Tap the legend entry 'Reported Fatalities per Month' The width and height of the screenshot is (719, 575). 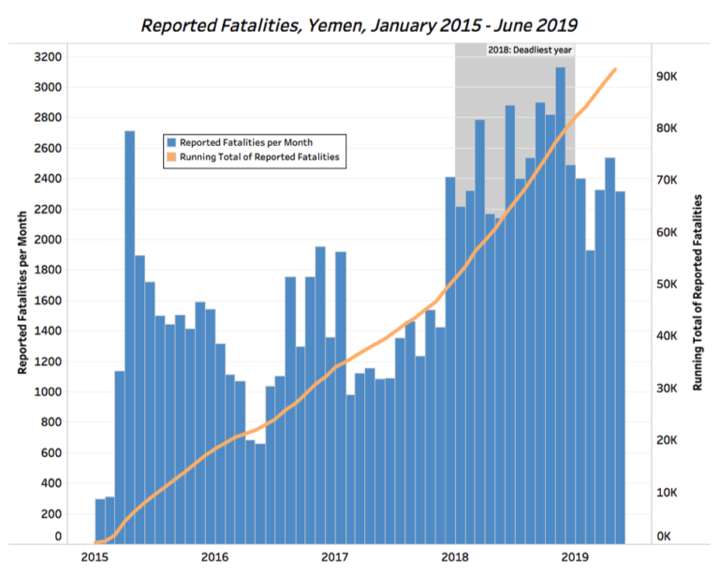point(248,142)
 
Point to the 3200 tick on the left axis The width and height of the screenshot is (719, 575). point(47,57)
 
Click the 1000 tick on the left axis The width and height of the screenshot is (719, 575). point(47,391)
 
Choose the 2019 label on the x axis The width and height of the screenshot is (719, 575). point(575,556)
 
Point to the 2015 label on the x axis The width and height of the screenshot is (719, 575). point(95,556)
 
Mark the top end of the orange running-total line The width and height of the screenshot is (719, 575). point(615,69)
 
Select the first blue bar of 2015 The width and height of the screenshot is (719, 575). point(100,521)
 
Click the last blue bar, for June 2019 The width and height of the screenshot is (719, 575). point(620,365)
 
